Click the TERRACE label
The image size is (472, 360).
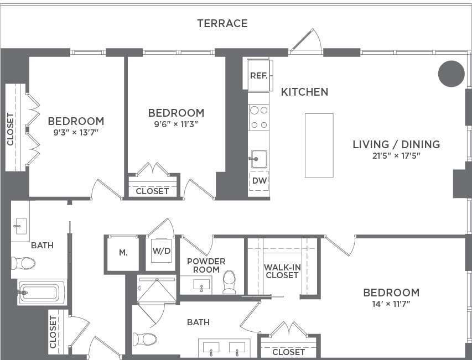[x=222, y=23]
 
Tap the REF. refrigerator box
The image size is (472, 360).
[x=258, y=76]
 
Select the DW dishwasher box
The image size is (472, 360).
[x=258, y=180]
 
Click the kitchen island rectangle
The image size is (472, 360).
[x=319, y=145]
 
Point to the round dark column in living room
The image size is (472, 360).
[x=451, y=73]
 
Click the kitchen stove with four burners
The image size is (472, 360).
[x=258, y=117]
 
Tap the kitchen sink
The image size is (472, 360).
[x=258, y=159]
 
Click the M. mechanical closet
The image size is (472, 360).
[x=123, y=253]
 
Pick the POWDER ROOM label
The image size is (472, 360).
[x=206, y=265]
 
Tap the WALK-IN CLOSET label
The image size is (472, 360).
[x=282, y=271]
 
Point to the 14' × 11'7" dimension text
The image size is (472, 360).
[x=391, y=304]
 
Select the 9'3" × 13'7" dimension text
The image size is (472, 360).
[x=76, y=133]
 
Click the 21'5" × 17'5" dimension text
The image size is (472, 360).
[x=396, y=156]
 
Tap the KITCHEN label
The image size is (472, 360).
[x=304, y=92]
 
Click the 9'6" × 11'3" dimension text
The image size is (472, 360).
[x=176, y=124]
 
